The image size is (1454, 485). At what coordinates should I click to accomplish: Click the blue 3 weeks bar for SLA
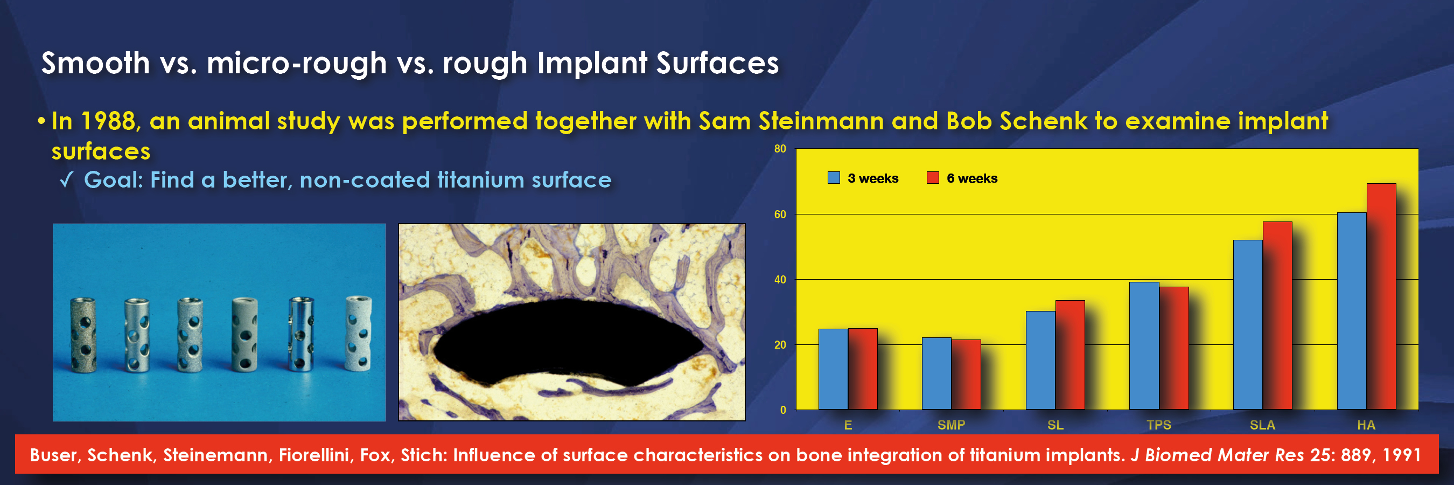pyautogui.click(x=1247, y=324)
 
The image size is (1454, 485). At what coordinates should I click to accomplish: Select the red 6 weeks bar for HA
pyautogui.click(x=1381, y=296)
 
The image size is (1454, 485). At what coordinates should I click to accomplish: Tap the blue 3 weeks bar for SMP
pyautogui.click(x=936, y=374)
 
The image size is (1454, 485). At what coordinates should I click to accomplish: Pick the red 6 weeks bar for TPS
pyautogui.click(x=1173, y=348)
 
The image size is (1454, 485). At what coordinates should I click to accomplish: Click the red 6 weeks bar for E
pyautogui.click(x=863, y=369)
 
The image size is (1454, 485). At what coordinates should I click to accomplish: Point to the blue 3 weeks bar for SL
pyautogui.click(x=1040, y=360)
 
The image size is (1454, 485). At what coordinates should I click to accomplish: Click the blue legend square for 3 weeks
pyautogui.click(x=833, y=178)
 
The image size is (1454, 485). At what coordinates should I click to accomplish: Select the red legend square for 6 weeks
pyautogui.click(x=933, y=178)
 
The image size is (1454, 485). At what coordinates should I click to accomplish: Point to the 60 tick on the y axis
pyautogui.click(x=780, y=214)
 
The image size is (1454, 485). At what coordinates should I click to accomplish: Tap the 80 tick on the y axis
pyautogui.click(x=780, y=149)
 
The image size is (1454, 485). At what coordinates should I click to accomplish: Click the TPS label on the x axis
pyautogui.click(x=1159, y=425)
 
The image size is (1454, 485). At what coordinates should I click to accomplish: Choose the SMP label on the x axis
pyautogui.click(x=951, y=425)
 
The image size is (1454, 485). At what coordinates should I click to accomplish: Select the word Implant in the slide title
pyautogui.click(x=592, y=64)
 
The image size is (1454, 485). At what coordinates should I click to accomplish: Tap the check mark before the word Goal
pyautogui.click(x=66, y=181)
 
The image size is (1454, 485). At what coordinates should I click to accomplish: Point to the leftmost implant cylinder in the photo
pyautogui.click(x=83, y=334)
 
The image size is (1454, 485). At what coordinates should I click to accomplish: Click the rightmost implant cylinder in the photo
pyautogui.click(x=359, y=333)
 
